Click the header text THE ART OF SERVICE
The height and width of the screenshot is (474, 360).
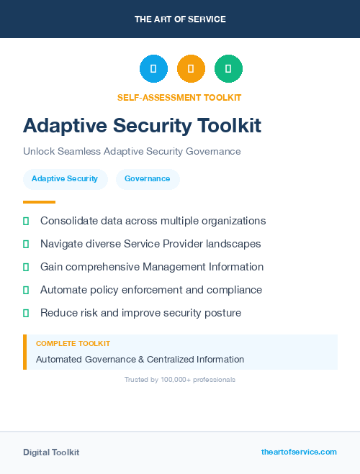(180, 19)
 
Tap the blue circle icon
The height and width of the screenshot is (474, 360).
(153, 69)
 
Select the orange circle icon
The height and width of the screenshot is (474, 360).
(191, 69)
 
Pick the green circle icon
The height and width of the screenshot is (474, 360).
(228, 69)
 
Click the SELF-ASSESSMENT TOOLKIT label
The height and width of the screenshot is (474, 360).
(179, 97)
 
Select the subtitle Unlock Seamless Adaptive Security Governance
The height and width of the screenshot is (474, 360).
(132, 152)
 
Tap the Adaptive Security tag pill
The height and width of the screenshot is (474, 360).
(65, 179)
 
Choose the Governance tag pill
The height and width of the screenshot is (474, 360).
(148, 179)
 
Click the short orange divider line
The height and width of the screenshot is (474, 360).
(39, 202)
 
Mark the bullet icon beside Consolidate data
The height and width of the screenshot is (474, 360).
(26, 221)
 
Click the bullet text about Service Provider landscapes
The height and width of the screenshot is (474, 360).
(150, 244)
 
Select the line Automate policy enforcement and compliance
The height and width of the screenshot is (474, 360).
(151, 290)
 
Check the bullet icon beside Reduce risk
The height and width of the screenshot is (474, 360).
(26, 313)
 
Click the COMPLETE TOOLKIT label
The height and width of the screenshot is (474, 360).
(73, 344)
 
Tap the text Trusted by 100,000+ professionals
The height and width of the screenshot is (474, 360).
(180, 380)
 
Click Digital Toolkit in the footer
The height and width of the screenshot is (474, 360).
(51, 452)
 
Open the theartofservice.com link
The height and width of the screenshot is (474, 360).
(299, 452)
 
